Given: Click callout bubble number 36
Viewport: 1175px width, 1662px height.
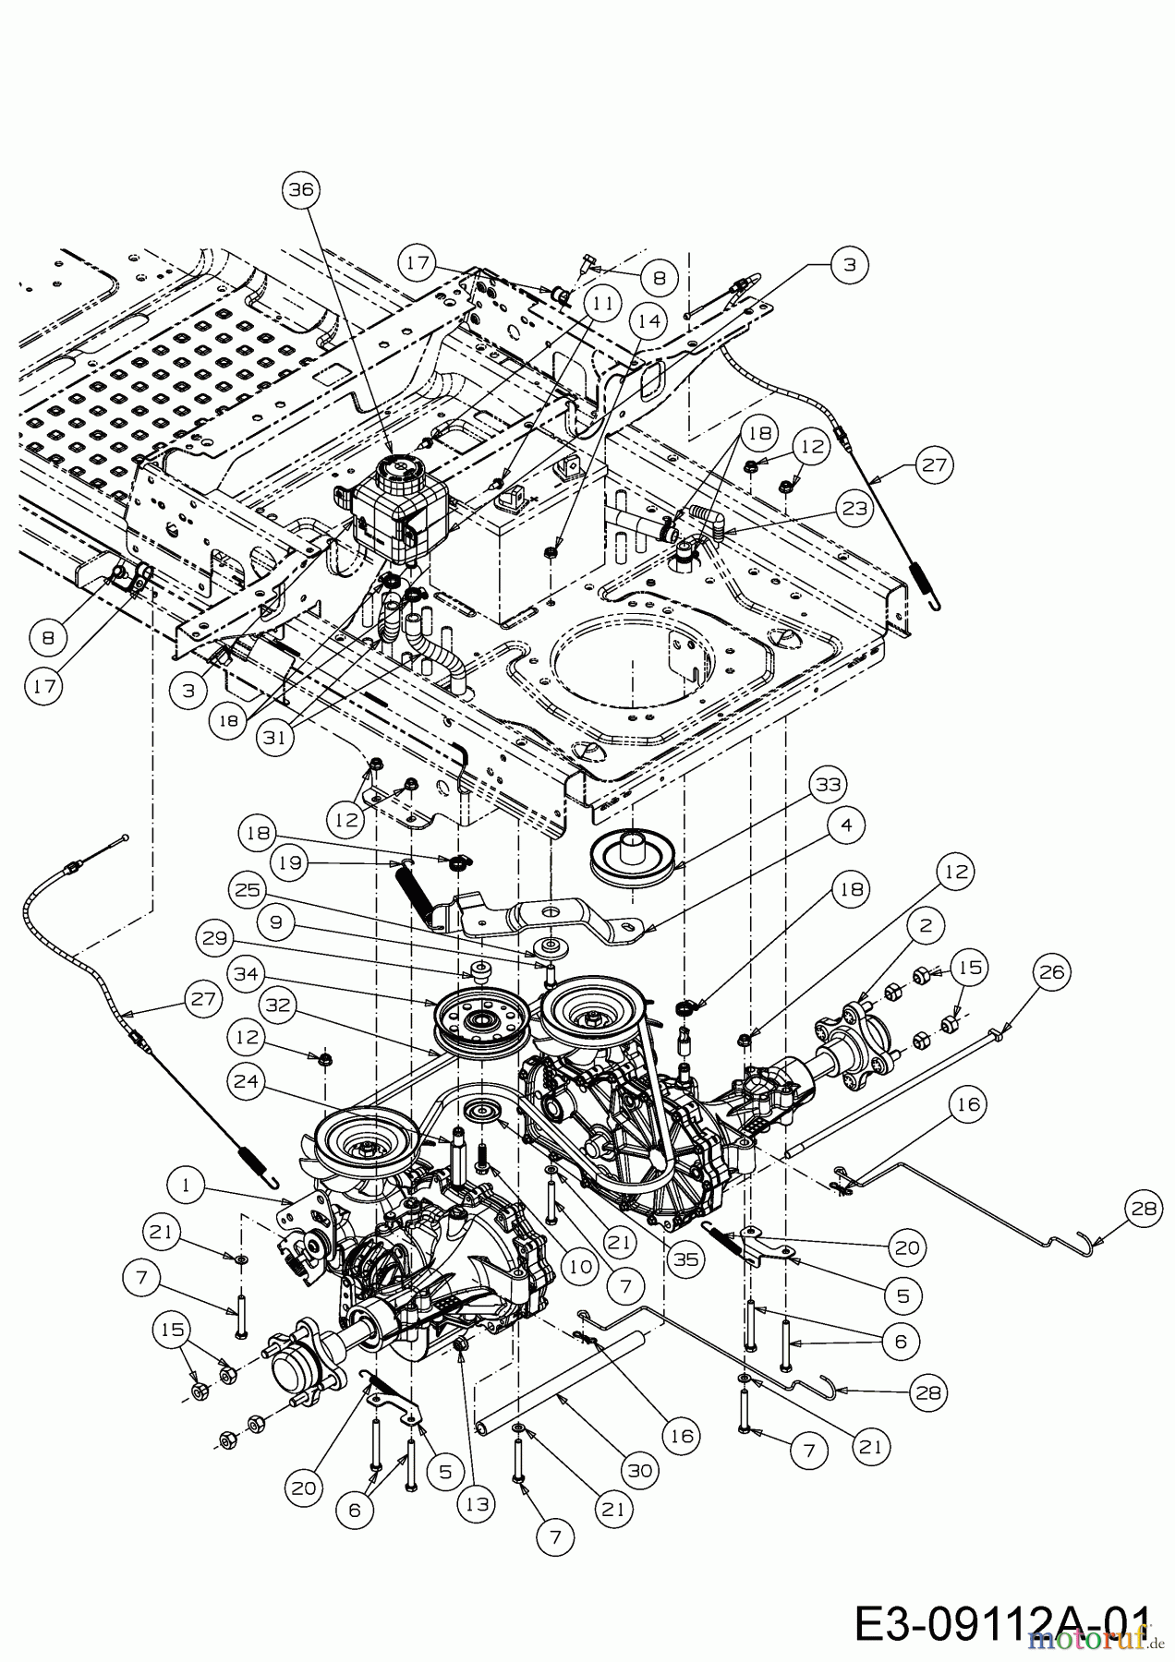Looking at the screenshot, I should pyautogui.click(x=301, y=190).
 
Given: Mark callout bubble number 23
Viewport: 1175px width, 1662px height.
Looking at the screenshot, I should pyautogui.click(x=854, y=509).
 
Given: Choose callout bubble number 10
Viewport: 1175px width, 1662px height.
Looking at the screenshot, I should pyautogui.click(x=580, y=1266).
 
